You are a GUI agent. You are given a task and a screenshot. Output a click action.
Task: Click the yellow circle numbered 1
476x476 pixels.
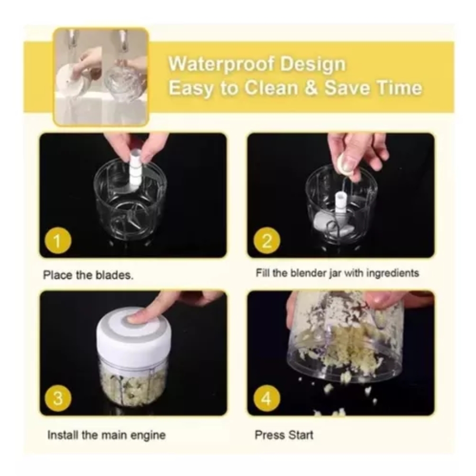(x=58, y=241)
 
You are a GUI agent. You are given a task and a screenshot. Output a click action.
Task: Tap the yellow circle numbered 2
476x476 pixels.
(x=267, y=241)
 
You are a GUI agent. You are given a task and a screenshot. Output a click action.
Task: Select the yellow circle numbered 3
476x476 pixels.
(x=58, y=398)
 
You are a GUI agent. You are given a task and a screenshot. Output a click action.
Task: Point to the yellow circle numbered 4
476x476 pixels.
(x=267, y=398)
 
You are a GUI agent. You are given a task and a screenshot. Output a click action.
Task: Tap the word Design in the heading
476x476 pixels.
(x=313, y=65)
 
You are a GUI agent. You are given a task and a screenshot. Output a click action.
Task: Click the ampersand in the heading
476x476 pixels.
(x=311, y=88)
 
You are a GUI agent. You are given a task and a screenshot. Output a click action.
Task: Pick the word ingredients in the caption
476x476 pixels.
(x=393, y=273)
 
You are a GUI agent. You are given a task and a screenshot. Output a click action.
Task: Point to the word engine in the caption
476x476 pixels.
(x=149, y=435)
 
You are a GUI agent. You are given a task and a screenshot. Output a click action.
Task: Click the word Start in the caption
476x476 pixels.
(x=300, y=435)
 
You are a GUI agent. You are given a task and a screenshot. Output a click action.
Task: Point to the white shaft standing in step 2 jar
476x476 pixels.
(x=340, y=204)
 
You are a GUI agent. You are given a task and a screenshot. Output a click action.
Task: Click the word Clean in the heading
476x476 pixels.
(x=271, y=88)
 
